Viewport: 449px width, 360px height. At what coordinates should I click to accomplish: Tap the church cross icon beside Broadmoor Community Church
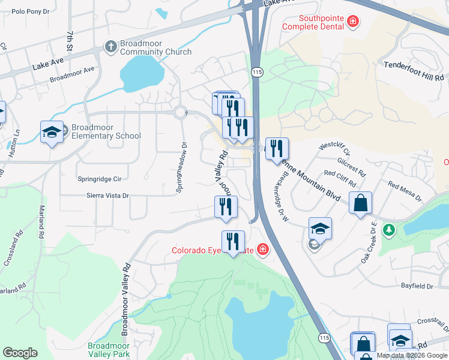(110, 46)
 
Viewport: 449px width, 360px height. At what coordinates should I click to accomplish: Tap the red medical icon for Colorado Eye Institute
(262, 249)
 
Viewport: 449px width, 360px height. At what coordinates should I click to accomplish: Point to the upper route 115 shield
(257, 71)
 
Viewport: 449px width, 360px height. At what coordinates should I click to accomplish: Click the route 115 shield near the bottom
(325, 338)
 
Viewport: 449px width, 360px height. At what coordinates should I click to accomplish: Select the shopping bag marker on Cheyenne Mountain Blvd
(361, 203)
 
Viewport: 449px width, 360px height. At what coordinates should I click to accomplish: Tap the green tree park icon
(389, 229)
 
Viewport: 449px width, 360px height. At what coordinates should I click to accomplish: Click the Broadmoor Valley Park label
(113, 350)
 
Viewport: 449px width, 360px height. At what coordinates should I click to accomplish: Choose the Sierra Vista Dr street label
(108, 196)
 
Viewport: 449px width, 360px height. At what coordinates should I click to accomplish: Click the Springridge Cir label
(100, 179)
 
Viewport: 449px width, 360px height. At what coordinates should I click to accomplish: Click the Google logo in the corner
(20, 353)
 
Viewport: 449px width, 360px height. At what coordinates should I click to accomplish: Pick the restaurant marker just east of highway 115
(277, 149)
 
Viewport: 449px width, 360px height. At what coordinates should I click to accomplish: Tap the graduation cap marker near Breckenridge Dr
(320, 229)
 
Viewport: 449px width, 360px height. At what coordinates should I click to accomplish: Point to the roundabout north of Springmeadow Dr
(180, 112)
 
